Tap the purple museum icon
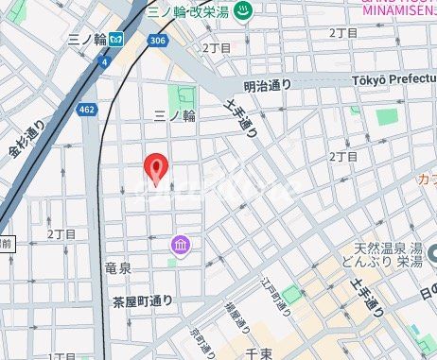(x=181, y=246)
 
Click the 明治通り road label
(x=268, y=85)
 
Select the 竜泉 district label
(x=117, y=268)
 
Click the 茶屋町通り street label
(x=143, y=301)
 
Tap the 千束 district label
(x=259, y=351)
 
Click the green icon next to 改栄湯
(x=243, y=12)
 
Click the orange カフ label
(x=427, y=179)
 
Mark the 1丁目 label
(x=61, y=356)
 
